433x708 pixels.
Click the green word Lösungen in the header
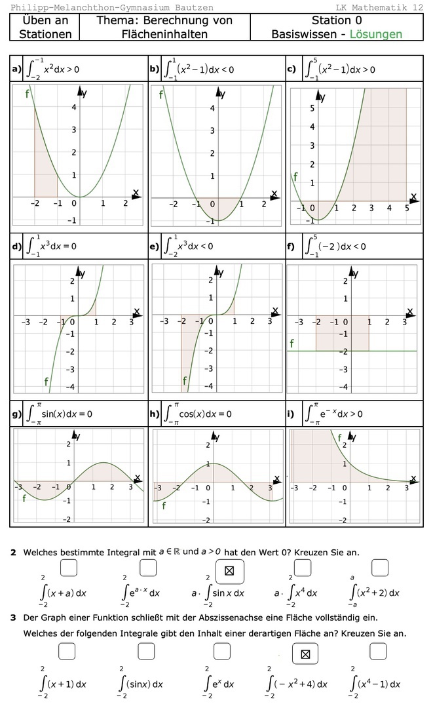[x=375, y=34]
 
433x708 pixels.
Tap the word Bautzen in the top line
[x=192, y=7]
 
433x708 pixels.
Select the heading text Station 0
[x=337, y=21]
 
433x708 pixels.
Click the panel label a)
[x=16, y=68]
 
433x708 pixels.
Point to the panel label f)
[x=290, y=247]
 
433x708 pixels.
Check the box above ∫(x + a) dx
[x=69, y=567]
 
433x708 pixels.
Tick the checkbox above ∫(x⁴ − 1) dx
[x=378, y=651]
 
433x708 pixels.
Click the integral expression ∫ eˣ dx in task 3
[x=219, y=684]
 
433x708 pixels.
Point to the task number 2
[x=13, y=553]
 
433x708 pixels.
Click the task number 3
[x=13, y=618]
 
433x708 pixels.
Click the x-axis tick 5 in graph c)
[x=406, y=208]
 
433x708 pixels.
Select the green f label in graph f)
[x=292, y=343]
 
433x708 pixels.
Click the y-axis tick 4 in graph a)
[x=73, y=108]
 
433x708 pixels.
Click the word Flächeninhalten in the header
[x=164, y=34]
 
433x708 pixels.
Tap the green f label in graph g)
[x=24, y=499]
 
